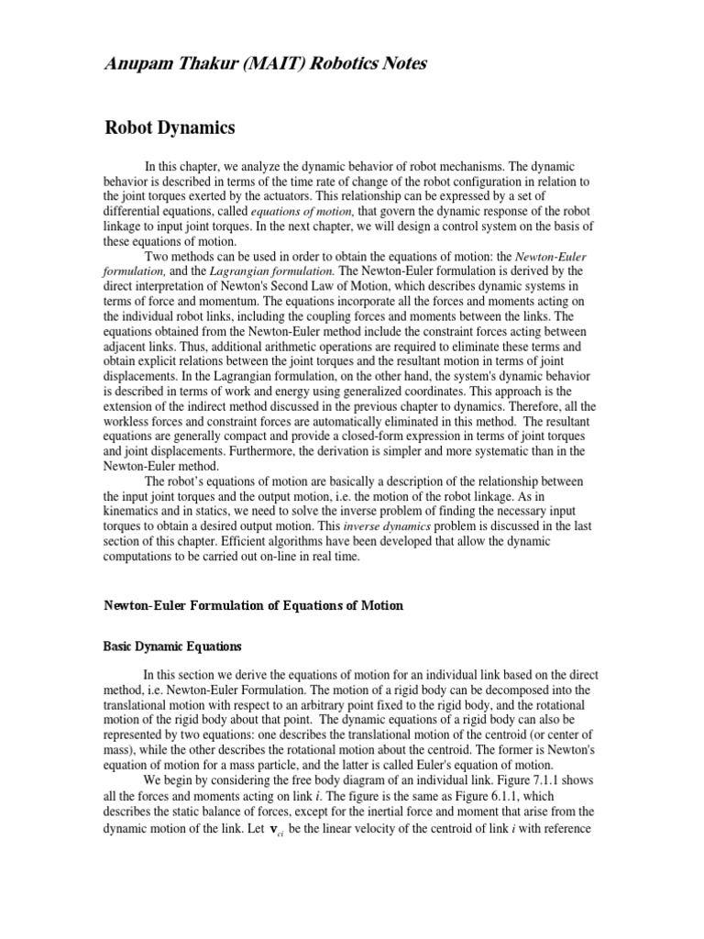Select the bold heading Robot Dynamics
pos(170,127)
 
